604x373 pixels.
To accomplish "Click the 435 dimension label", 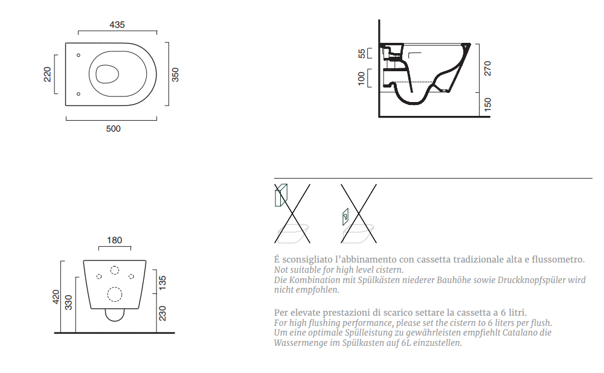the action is point(117,25).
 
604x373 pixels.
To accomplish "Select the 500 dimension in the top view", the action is point(114,129).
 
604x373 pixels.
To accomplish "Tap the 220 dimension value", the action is point(47,74).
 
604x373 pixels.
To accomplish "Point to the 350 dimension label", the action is point(175,75).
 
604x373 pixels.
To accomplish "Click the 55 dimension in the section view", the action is point(361,54).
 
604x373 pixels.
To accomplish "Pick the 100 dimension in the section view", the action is point(361,78).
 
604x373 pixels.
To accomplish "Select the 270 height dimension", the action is point(487,68).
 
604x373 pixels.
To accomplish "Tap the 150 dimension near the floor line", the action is point(487,104).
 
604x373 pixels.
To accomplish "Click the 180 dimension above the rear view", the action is point(114,240).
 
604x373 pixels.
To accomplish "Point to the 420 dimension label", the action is point(56,297).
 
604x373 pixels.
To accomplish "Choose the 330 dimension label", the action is point(69,302).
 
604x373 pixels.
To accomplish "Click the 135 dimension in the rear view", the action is point(162,283).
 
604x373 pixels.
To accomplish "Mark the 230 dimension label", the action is point(162,313).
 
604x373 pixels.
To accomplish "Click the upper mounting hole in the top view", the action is point(79,55).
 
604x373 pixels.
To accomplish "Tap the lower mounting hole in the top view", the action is point(79,94).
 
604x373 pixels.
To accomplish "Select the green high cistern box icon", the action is point(281,195).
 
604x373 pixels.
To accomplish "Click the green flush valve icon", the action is point(345,217).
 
